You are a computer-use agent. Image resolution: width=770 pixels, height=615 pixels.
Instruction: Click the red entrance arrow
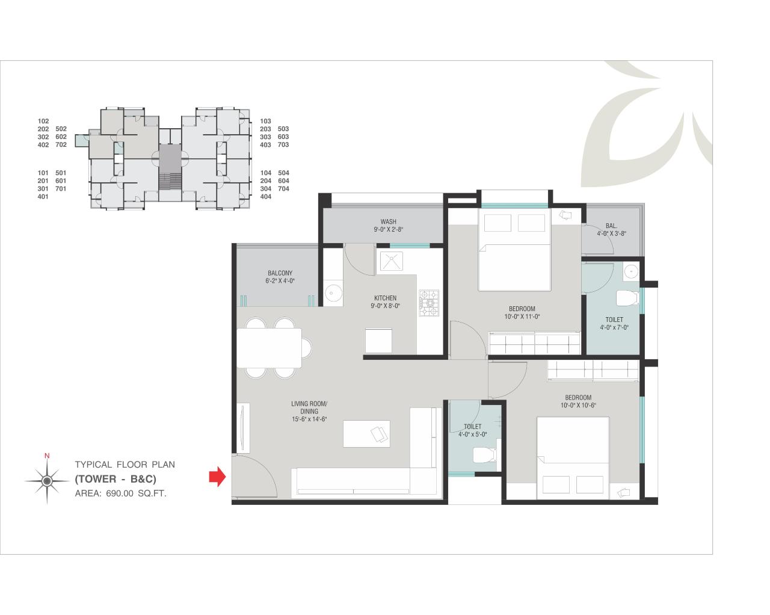[x=217, y=478]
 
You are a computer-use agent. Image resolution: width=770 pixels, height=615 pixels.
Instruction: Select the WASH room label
[x=388, y=225]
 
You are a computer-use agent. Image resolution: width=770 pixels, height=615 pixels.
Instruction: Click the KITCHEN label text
[x=385, y=298]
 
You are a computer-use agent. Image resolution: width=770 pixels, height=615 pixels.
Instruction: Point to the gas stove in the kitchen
[x=430, y=303]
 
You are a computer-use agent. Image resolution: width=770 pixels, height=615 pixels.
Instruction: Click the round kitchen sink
[x=333, y=293]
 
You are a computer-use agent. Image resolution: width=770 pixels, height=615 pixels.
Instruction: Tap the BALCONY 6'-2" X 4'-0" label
[x=280, y=277]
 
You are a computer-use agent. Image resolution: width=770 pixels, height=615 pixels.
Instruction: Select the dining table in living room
[x=269, y=348]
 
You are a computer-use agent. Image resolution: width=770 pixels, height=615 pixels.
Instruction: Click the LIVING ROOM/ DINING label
[x=309, y=407]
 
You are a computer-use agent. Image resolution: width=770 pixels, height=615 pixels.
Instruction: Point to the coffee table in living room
[x=366, y=434]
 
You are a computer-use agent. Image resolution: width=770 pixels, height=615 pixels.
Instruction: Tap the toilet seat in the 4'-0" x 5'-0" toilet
[x=483, y=454]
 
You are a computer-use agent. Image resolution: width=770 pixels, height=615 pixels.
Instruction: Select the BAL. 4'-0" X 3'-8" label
[x=611, y=229]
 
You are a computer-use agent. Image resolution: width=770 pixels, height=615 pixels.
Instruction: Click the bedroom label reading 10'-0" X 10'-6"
[x=577, y=401]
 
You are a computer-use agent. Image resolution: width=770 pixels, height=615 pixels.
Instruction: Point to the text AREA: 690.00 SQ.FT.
[x=120, y=493]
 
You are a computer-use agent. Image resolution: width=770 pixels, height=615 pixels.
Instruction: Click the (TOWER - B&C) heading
[x=115, y=479]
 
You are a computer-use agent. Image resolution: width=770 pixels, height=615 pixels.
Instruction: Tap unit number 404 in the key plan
[x=265, y=197]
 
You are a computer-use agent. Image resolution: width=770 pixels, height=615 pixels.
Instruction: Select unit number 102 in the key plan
[x=43, y=121]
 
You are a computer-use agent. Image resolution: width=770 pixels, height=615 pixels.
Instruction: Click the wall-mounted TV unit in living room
[x=242, y=428]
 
